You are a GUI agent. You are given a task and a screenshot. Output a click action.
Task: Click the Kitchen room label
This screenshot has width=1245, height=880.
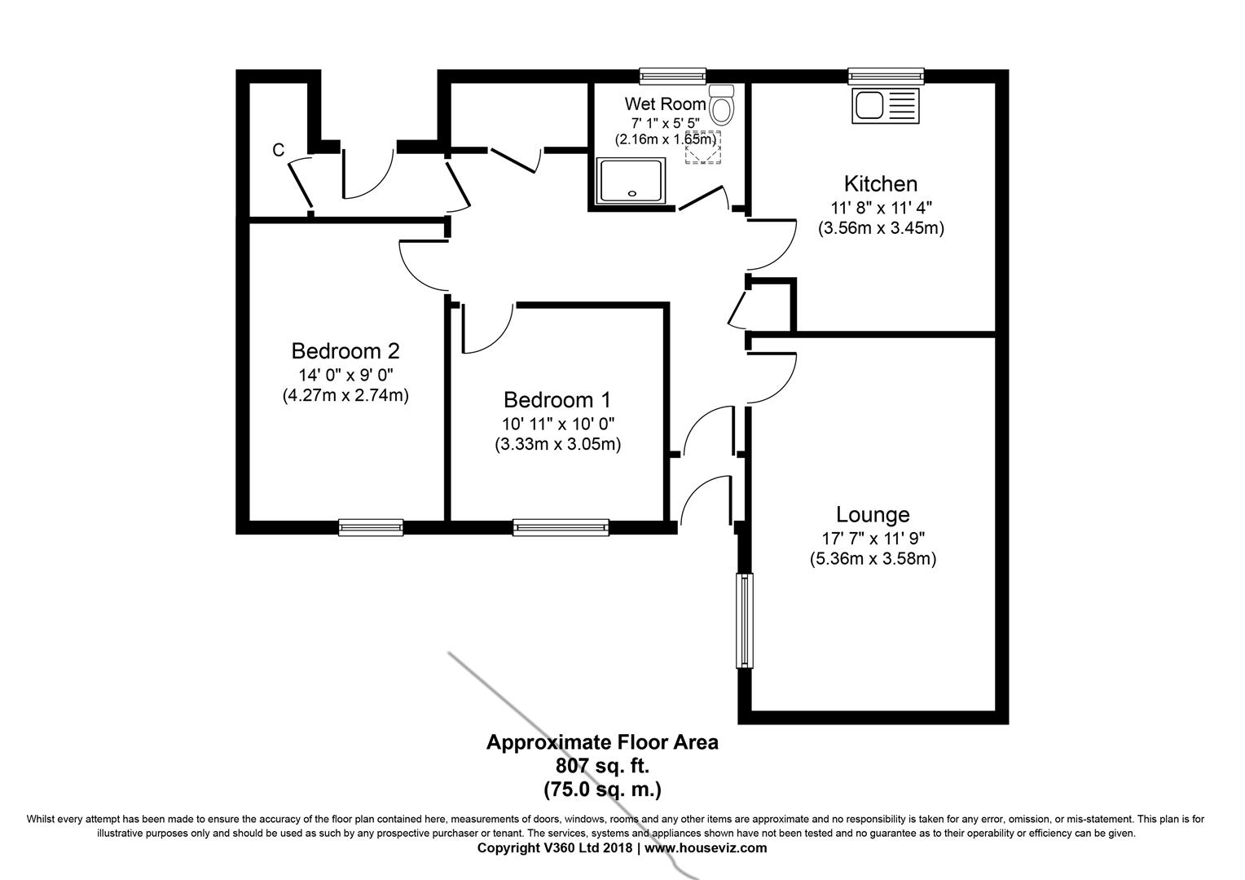[x=880, y=184]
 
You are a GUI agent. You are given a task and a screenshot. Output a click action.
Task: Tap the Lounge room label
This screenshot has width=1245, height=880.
[x=873, y=515]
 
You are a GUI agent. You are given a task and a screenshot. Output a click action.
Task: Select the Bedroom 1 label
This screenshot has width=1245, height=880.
[x=557, y=400]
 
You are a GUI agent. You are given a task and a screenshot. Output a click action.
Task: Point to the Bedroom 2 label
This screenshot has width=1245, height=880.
[x=345, y=351]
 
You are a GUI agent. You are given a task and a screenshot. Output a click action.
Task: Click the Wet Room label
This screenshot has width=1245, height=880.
[x=665, y=104]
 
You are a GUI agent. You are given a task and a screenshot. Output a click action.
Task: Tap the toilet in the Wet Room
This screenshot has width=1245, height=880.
[x=722, y=103]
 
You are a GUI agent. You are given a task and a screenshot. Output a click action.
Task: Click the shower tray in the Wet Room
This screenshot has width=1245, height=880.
[x=632, y=181]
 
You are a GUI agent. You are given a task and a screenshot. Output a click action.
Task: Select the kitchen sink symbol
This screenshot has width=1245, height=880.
[x=885, y=107]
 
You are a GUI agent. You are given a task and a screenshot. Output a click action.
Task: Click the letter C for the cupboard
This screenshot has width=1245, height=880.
[x=279, y=150]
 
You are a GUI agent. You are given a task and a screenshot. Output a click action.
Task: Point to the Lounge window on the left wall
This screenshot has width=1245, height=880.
[x=745, y=619]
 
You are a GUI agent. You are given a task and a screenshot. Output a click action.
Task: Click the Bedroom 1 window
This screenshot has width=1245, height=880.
[x=561, y=528]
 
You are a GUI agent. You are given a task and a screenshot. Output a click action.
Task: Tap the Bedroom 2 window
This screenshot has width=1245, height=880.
[x=371, y=528]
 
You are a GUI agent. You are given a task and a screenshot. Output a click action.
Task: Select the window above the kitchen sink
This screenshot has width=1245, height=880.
[x=886, y=77]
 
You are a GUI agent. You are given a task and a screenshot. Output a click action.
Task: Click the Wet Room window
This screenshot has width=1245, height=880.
[x=672, y=77]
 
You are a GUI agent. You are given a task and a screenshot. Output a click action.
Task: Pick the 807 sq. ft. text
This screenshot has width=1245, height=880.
[x=602, y=767]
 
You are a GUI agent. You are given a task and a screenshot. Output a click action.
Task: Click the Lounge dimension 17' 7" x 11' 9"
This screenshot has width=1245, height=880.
[x=873, y=538]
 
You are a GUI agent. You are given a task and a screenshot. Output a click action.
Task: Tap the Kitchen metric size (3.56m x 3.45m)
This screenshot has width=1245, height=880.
[x=881, y=229]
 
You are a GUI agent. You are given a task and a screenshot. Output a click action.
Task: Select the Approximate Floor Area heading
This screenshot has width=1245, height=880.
[x=602, y=743]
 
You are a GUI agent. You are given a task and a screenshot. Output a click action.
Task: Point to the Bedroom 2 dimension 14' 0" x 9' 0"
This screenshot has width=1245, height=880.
[x=345, y=375]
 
